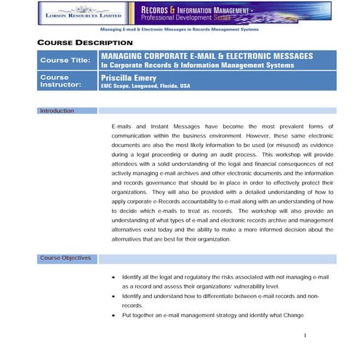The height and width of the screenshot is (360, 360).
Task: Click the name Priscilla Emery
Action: [127, 75]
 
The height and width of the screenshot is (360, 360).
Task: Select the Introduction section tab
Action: [57, 111]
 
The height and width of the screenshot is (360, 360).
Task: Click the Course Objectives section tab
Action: [66, 257]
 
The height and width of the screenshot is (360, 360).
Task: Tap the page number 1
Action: [305, 335]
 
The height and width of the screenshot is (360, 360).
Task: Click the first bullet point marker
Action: [113, 279]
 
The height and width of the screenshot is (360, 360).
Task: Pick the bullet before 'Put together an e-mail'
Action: [113, 315]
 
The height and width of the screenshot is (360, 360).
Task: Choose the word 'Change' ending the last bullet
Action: [288, 315]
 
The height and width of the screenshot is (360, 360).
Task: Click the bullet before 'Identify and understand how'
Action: [113, 297]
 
